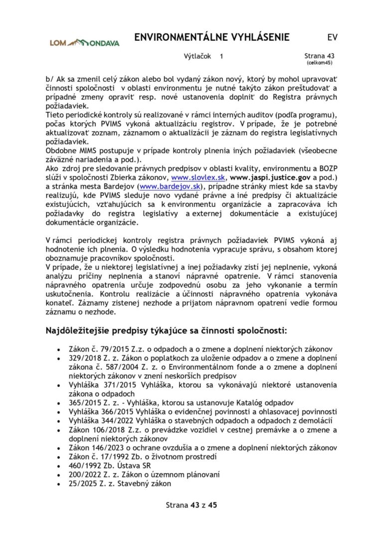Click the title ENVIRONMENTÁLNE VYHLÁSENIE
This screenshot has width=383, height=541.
pos(212,38)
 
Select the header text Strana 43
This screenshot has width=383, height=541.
pos(319,57)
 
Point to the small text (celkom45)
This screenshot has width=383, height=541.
pos(319,63)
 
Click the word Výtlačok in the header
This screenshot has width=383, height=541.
pos(198,57)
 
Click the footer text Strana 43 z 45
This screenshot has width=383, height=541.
pos(191,505)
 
